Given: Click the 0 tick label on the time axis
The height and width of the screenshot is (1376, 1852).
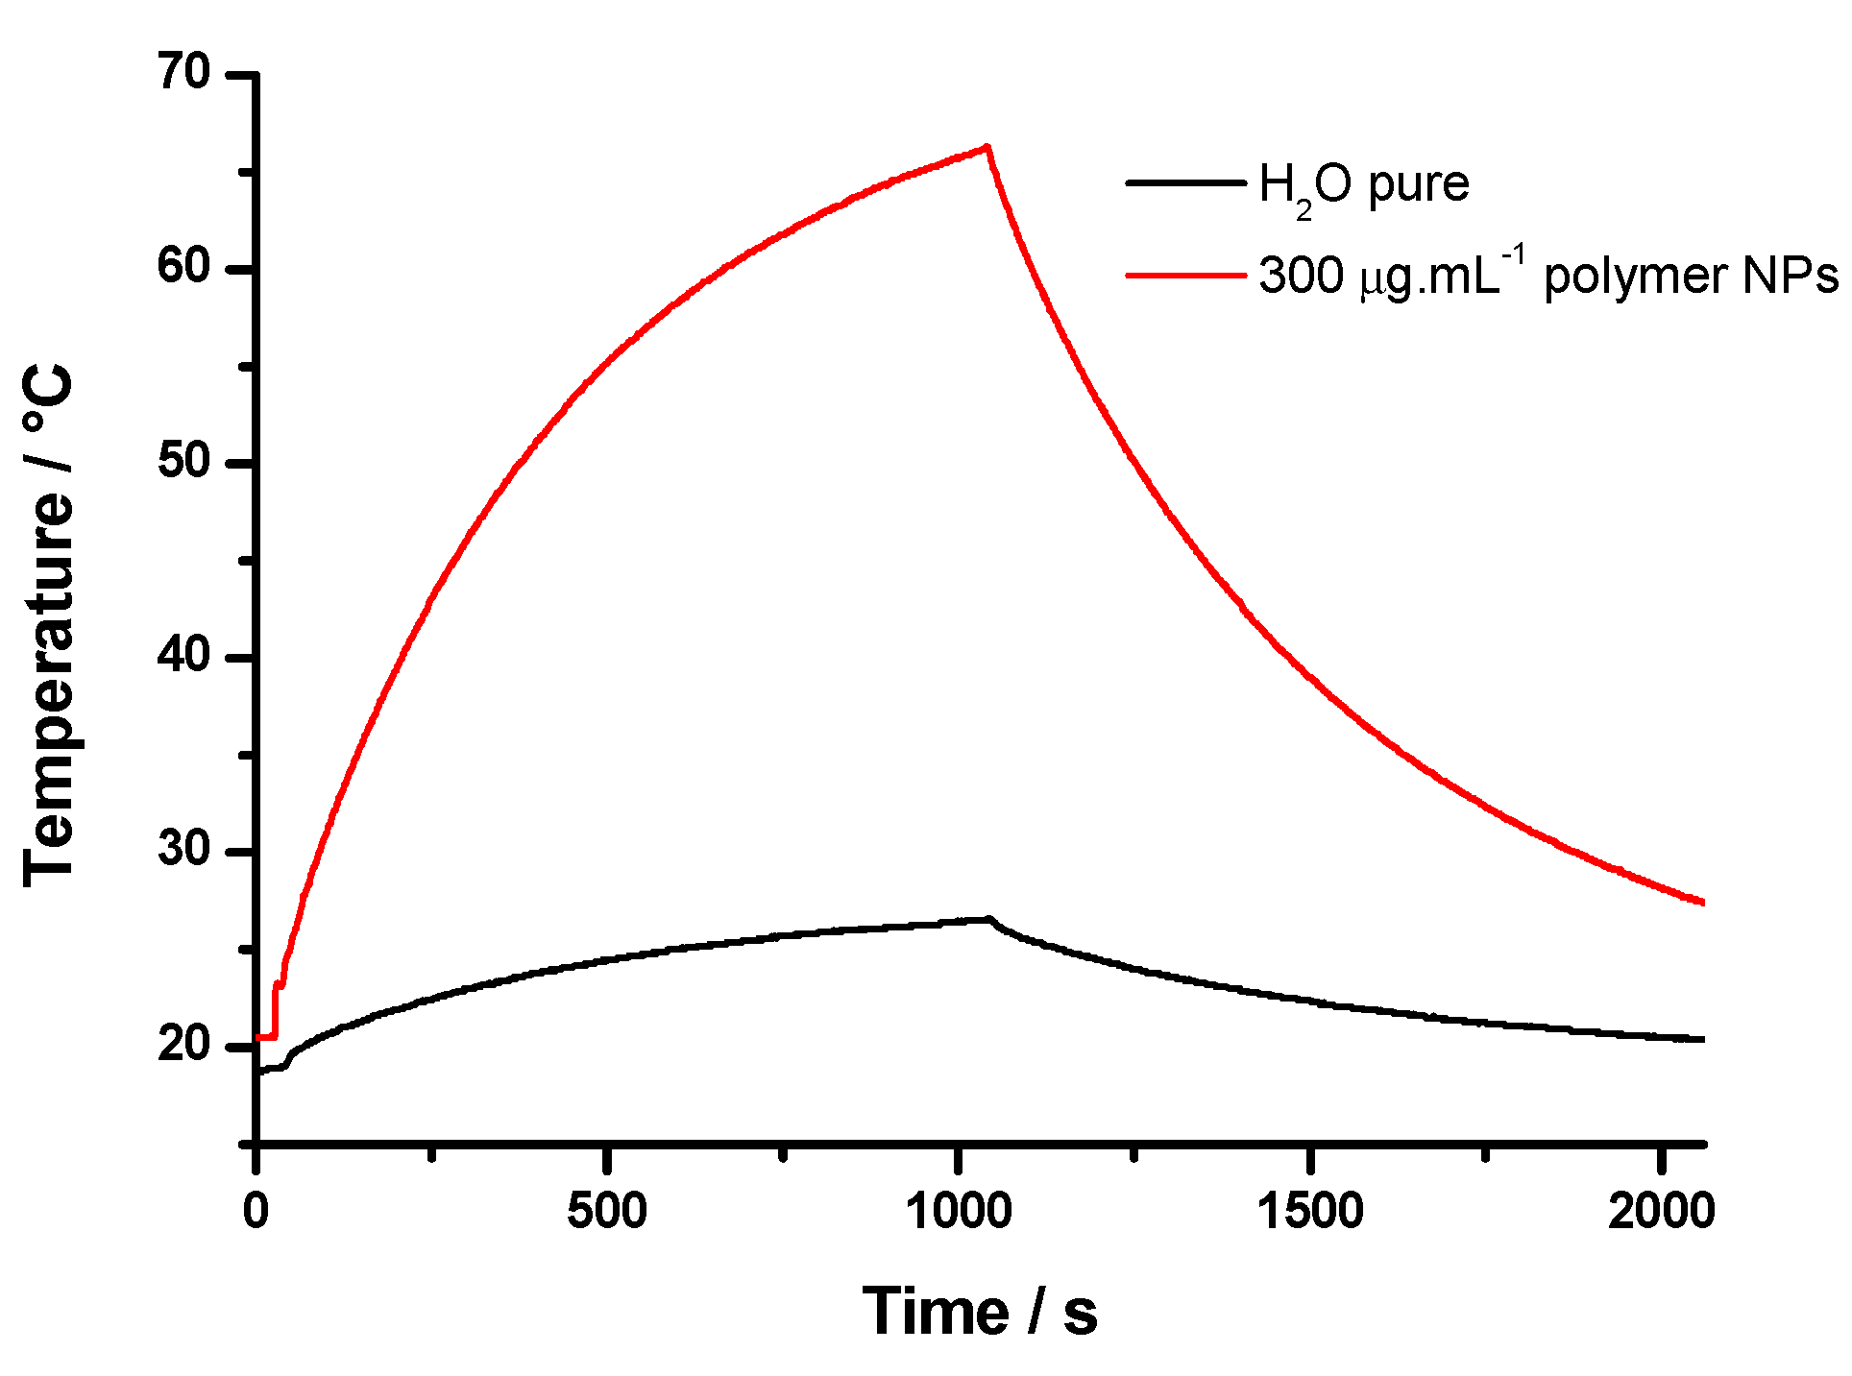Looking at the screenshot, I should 256,1212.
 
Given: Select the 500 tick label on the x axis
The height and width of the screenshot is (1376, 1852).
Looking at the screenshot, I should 606,1212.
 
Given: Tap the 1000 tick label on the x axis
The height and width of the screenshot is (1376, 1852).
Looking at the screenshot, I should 959,1212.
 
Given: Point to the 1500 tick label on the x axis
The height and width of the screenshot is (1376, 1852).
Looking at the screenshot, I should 1310,1212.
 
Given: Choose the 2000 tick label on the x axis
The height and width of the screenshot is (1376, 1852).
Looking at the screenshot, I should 1662,1212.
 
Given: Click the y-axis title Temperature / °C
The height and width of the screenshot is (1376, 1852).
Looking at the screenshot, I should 48,624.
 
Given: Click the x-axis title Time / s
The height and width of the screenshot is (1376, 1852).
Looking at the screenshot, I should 979,1312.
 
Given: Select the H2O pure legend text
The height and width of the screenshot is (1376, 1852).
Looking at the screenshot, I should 1363,184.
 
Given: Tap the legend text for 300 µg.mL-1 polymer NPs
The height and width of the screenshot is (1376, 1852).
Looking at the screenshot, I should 1547,277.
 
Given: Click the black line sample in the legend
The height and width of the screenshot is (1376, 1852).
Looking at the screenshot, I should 1185,182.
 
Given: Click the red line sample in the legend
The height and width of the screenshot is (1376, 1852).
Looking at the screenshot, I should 1185,276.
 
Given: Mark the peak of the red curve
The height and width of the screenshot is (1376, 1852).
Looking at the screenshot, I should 987,147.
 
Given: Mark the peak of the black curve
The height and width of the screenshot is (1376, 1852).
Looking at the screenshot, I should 987,919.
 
